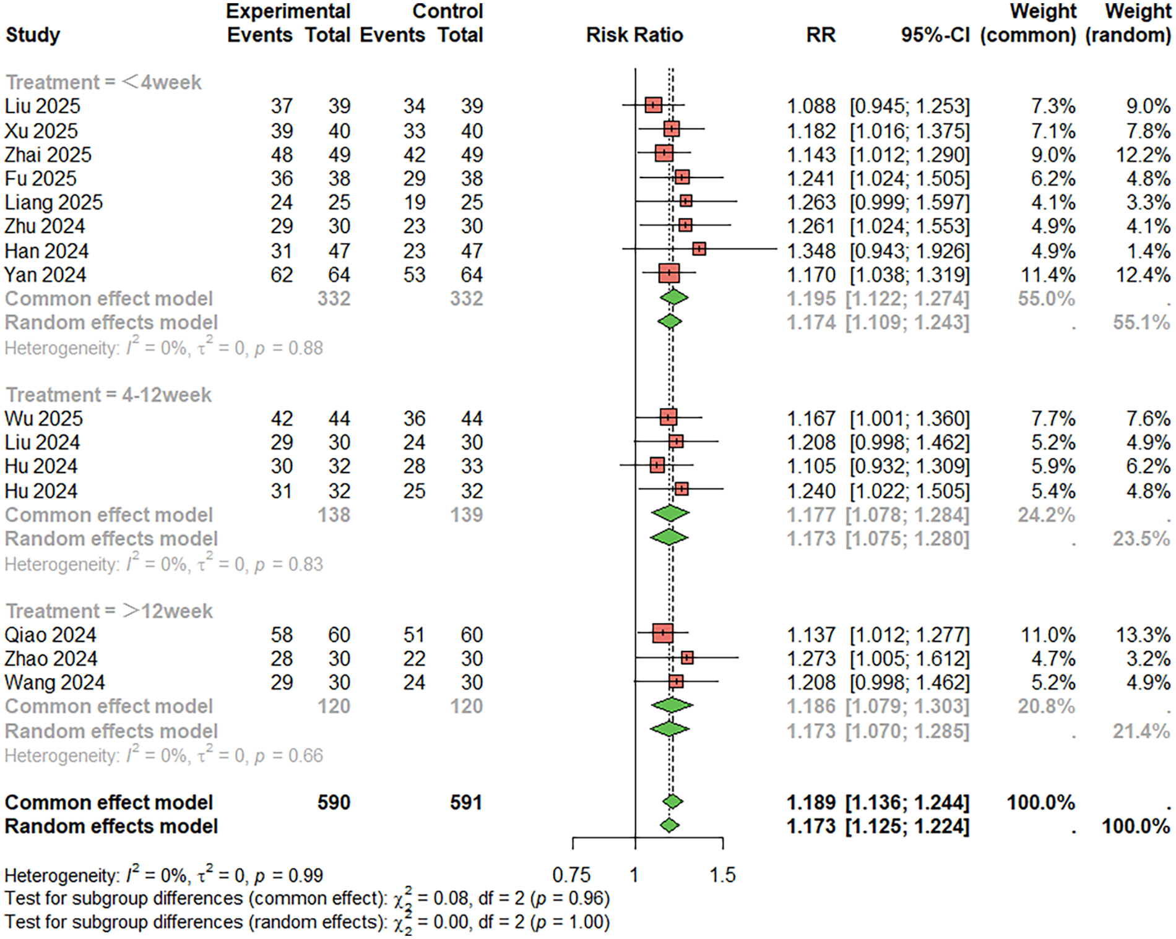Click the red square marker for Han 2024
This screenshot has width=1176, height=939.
(x=699, y=249)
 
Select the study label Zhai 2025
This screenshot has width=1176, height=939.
(x=48, y=155)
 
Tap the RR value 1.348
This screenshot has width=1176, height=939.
(x=811, y=251)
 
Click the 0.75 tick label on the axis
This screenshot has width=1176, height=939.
(x=571, y=875)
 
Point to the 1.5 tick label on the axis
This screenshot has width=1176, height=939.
(x=722, y=875)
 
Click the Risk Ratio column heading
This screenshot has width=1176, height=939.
(x=634, y=35)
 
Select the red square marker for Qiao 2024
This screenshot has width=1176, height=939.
(x=663, y=633)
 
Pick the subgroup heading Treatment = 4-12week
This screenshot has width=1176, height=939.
(x=108, y=395)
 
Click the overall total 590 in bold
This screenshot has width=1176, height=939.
(x=334, y=802)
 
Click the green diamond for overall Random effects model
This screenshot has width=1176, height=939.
(x=669, y=825)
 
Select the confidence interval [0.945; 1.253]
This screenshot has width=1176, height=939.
(x=909, y=106)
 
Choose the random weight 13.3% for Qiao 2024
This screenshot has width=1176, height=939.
(x=1148, y=635)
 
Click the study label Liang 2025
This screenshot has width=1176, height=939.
(x=54, y=202)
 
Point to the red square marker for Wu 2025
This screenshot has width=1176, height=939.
(x=668, y=418)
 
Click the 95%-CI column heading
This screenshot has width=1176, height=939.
(x=935, y=35)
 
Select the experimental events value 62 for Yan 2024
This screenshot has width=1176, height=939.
(x=282, y=275)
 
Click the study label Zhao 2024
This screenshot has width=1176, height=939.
(x=51, y=658)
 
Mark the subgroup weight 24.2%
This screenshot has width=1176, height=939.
(x=1046, y=515)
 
